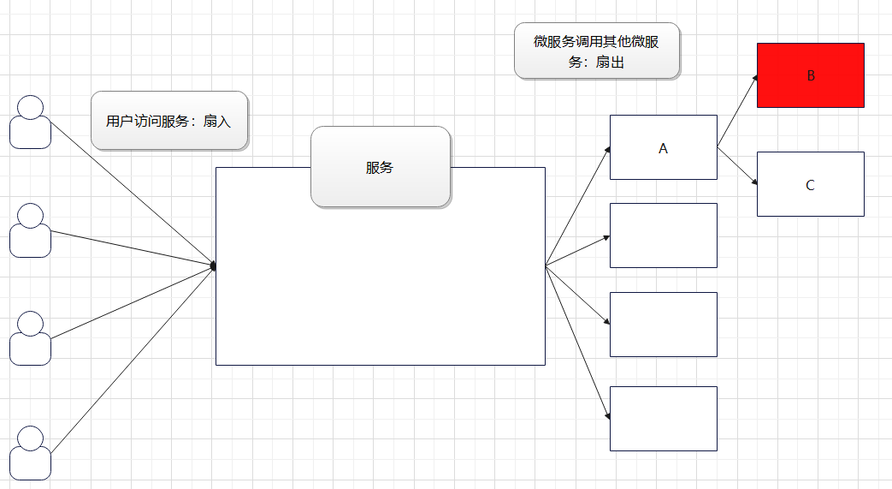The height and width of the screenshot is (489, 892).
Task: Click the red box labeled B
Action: coord(810,75)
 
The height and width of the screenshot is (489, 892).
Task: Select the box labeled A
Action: coord(663,147)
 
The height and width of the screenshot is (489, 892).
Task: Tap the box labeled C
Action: coord(810,184)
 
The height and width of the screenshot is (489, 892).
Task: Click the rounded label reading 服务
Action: coord(380,167)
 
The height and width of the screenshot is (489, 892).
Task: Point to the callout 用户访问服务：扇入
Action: coord(168,121)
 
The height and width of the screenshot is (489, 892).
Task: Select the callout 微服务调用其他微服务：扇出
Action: coord(596,51)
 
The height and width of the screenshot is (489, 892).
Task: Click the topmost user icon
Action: coord(30,122)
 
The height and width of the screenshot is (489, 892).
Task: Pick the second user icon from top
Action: coord(30,230)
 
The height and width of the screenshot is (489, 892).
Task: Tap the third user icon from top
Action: coord(30,338)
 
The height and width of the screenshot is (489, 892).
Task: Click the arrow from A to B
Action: coord(737,110)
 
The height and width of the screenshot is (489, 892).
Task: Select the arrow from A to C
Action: coord(737,165)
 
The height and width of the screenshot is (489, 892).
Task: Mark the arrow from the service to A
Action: coord(577,206)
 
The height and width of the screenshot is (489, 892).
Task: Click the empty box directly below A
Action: coord(663,236)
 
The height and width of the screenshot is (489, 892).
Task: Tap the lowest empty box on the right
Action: coord(663,418)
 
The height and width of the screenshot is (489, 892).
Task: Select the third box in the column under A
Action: coord(663,324)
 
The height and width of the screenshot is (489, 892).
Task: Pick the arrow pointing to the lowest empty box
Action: coord(577,342)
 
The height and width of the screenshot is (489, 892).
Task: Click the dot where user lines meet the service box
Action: coord(213,266)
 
